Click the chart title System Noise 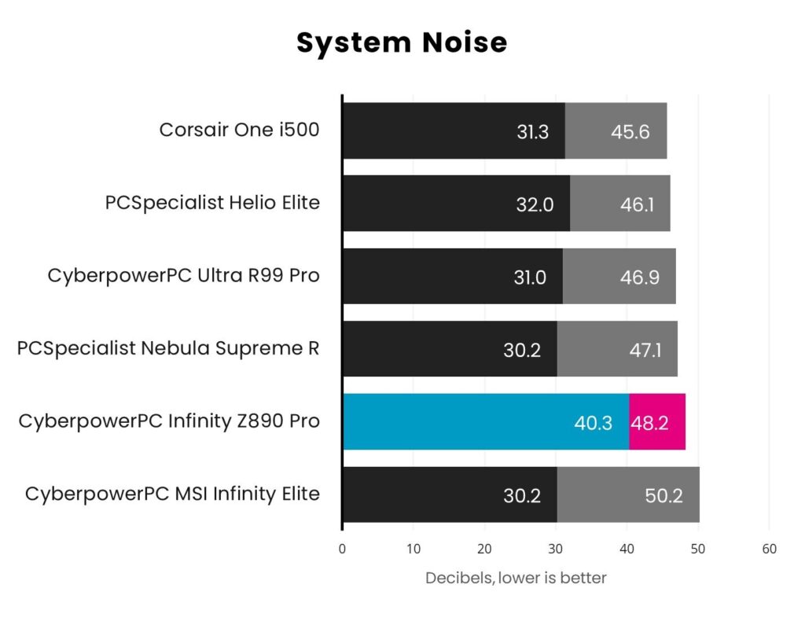402,43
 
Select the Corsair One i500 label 239,130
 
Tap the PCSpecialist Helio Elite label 212,203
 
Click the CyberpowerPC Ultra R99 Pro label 183,276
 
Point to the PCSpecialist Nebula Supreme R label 168,348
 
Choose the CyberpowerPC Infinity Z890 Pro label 169,421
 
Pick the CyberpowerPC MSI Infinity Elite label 172,494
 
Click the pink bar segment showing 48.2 657,422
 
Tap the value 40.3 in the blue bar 593,423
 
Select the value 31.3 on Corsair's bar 532,132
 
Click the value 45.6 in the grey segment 630,132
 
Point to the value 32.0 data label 535,205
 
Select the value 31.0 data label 529,277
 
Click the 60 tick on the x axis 769,549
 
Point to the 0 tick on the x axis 342,549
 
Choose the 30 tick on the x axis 556,549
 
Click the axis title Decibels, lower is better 516,578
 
